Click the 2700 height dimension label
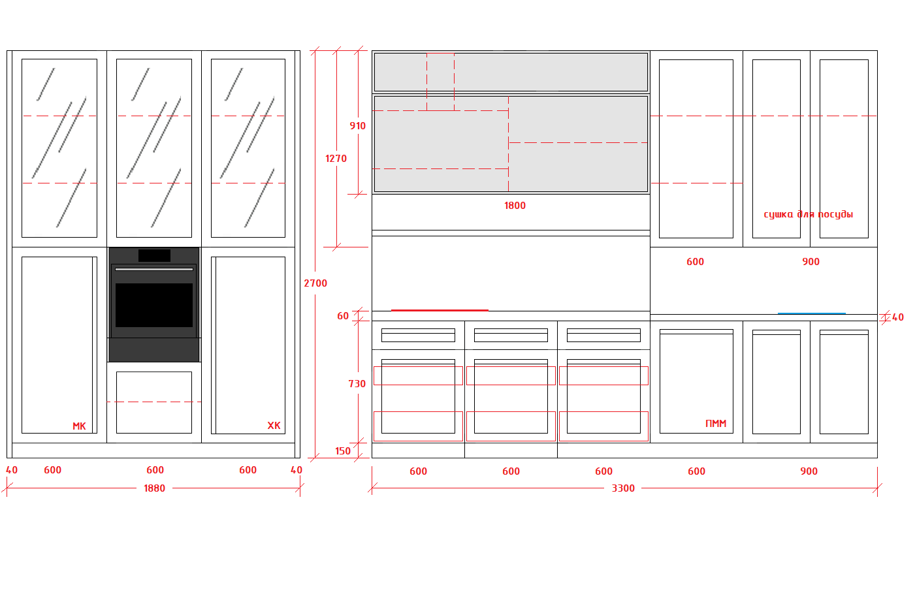(x=315, y=283)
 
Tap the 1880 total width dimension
(x=154, y=488)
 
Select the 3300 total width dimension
(x=623, y=488)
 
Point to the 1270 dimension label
(x=336, y=159)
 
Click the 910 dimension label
(x=357, y=126)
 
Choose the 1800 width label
(x=515, y=206)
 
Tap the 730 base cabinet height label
(x=357, y=383)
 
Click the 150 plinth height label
(x=343, y=451)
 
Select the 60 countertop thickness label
(x=343, y=316)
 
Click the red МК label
(x=79, y=426)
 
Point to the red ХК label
(x=274, y=426)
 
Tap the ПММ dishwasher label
(x=716, y=424)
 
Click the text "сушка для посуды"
(x=809, y=214)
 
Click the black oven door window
(x=154, y=305)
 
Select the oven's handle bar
(x=154, y=269)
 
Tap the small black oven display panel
(x=154, y=256)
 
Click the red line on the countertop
(x=440, y=310)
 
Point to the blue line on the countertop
(x=812, y=313)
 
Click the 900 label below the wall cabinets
(x=811, y=262)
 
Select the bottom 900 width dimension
(x=809, y=471)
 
